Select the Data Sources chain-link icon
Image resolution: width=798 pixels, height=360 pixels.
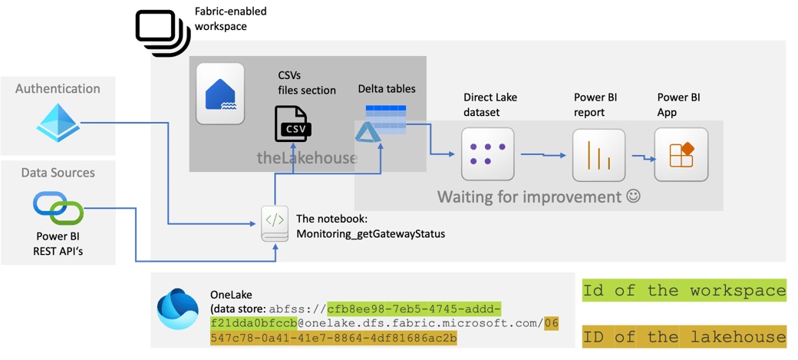pos(58,206)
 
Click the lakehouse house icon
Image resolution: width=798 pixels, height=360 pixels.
pos(221,94)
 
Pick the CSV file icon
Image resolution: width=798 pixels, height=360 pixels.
pos(292,124)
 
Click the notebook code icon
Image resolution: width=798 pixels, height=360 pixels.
pos(275,223)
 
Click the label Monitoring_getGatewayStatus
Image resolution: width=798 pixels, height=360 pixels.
pos(370,233)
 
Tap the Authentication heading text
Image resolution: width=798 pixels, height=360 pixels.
pos(58,88)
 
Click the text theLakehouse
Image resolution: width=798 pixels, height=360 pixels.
pos(307,158)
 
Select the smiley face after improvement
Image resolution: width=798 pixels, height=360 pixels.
pos(633,197)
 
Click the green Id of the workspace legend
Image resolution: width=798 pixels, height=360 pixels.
pos(684,290)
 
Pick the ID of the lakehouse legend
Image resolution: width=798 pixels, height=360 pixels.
pos(684,336)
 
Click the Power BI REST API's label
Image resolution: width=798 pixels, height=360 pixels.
pos(58,243)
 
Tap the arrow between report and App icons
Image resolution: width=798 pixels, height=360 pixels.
pos(643,157)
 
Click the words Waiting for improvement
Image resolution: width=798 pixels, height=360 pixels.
pos(529,197)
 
